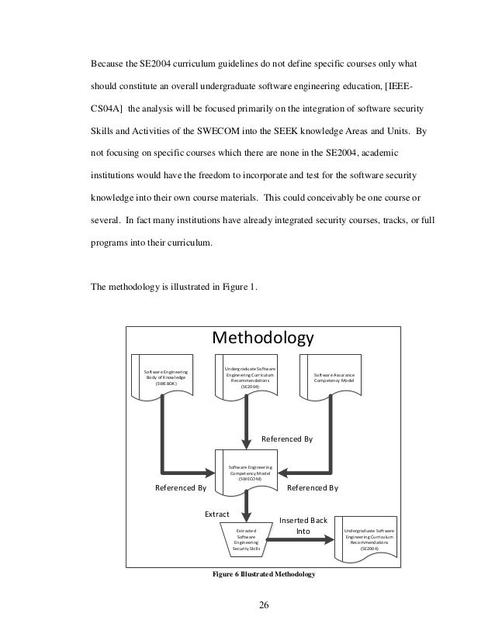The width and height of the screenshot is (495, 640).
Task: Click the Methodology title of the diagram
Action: [x=263, y=339]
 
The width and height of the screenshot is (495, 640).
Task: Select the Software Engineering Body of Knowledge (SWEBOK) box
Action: [x=166, y=377]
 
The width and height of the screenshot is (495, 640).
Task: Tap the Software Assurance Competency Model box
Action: [x=334, y=377]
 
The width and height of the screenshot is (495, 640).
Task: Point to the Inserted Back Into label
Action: [x=303, y=525]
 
